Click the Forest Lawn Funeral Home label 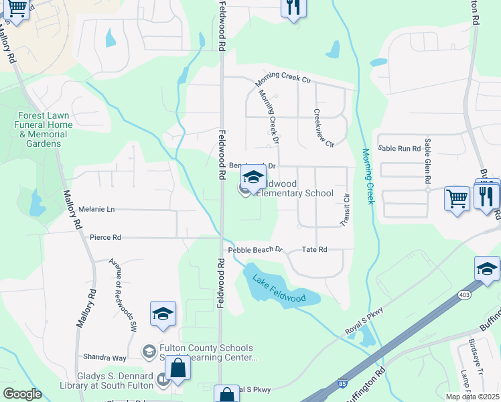tap(45, 129)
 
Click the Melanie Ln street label tap(96, 210)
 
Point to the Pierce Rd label tap(105, 237)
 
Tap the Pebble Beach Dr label tap(256, 250)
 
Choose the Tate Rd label tap(314, 249)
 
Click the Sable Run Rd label tap(399, 147)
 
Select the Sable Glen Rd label tap(427, 164)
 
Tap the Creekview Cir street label tap(323, 128)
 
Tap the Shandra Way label tap(104, 357)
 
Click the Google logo tap(22, 394)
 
